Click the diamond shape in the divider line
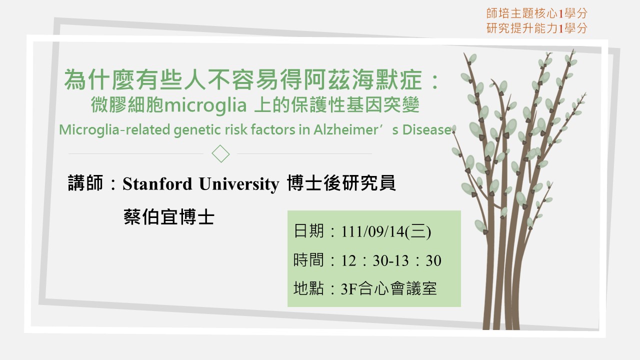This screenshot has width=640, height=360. click(x=220, y=153)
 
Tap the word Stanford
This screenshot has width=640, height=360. click(x=157, y=183)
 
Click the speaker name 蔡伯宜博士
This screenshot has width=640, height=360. click(x=169, y=217)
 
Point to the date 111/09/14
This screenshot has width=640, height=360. click(x=373, y=231)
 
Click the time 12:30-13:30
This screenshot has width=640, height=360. click(x=391, y=260)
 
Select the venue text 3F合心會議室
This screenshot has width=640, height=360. click(x=388, y=288)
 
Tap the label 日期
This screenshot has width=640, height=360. click(x=308, y=231)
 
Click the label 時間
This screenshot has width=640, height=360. click(x=308, y=259)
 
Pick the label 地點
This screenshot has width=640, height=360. click(x=308, y=288)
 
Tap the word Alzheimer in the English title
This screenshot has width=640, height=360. click(x=345, y=129)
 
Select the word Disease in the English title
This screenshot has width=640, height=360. click(x=427, y=129)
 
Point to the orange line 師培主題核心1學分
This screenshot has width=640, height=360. click(x=536, y=13)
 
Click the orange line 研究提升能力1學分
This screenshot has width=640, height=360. click(x=536, y=28)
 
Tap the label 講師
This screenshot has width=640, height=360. click(x=85, y=183)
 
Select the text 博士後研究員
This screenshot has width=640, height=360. click(x=341, y=183)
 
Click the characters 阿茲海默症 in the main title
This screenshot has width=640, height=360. click(x=362, y=79)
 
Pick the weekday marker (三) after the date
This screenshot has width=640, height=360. click(x=418, y=231)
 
